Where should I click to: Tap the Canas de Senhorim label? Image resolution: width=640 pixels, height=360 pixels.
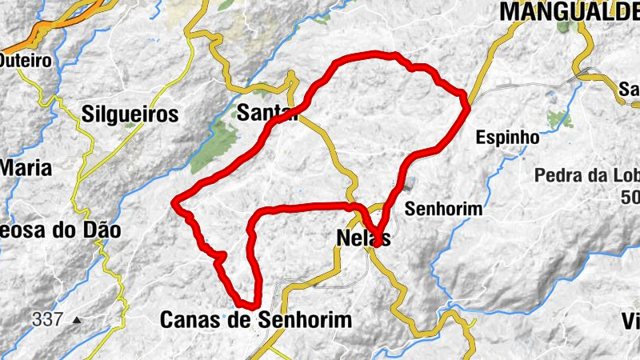pos(256,320)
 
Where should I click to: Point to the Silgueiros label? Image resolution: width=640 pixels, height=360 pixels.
pos(130,114)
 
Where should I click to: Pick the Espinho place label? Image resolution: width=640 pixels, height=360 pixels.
pos(507,137)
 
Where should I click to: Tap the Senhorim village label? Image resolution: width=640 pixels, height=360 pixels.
pos(444,209)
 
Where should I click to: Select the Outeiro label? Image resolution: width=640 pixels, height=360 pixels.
pos(25,60)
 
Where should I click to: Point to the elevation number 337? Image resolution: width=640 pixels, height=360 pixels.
pos(48,319)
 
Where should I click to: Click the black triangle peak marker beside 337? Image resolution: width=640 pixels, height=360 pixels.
pos(76,320)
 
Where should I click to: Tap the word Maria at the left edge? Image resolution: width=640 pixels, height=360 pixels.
pos(26,169)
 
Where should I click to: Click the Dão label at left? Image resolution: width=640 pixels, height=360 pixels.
pos(102,231)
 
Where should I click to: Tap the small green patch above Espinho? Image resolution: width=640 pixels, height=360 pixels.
pos(558,118)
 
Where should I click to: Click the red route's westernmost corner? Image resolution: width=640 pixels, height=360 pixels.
pos(174,204)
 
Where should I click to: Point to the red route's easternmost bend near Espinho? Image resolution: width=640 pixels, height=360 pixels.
pos(466,100)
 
